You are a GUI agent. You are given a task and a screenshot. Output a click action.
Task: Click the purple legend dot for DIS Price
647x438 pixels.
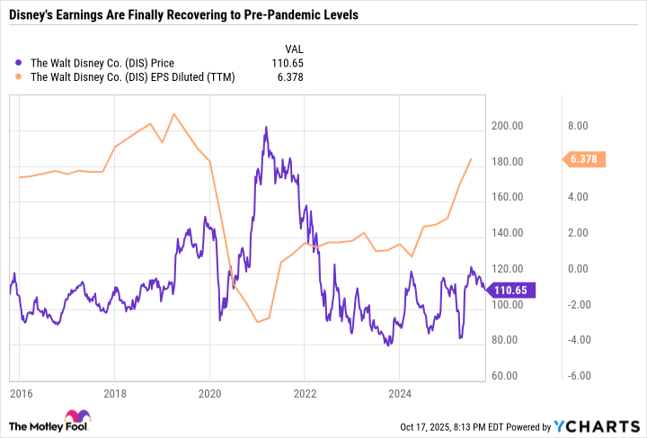20,62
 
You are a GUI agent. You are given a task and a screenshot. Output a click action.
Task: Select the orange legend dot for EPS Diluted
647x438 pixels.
20,77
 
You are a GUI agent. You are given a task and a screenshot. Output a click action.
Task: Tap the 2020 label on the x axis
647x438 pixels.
209,393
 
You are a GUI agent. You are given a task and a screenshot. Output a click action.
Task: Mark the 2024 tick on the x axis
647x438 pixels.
399,393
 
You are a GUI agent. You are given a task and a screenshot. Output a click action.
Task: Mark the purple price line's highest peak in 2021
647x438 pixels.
266,127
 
